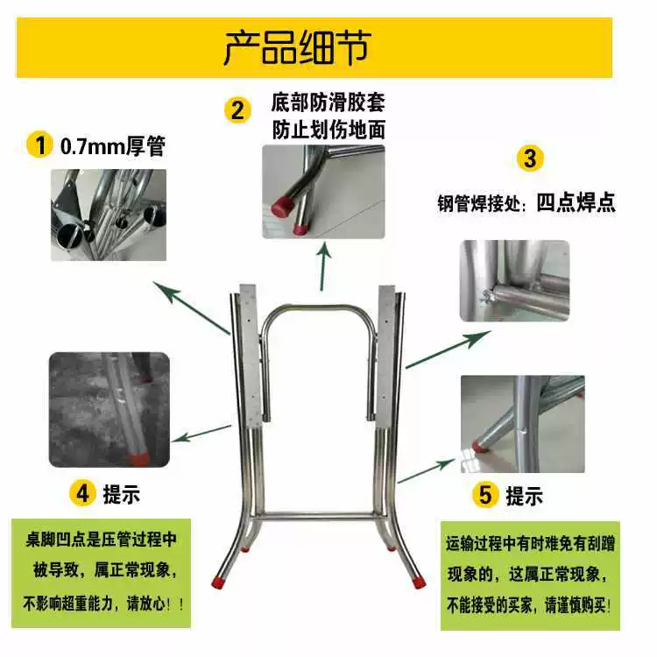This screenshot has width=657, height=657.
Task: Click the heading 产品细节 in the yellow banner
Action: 297,48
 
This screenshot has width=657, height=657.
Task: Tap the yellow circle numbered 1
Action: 39,145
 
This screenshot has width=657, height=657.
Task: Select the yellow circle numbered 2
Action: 237,110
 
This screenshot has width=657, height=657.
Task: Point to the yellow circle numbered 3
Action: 530,158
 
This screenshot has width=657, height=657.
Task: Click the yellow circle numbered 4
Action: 82,493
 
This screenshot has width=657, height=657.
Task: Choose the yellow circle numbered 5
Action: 485,494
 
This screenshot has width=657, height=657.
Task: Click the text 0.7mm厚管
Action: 113,146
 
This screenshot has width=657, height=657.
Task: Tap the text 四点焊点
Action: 576,202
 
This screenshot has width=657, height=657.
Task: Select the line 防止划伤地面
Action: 328,130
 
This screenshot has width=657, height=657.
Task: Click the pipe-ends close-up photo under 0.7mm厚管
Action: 109,215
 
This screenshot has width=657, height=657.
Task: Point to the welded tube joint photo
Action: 514,280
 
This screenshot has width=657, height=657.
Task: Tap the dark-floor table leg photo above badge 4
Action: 109,409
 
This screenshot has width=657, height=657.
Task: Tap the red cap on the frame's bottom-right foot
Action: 418,581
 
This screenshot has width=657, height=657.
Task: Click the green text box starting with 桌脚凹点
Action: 101,573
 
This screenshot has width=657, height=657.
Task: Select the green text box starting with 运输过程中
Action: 530,576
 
